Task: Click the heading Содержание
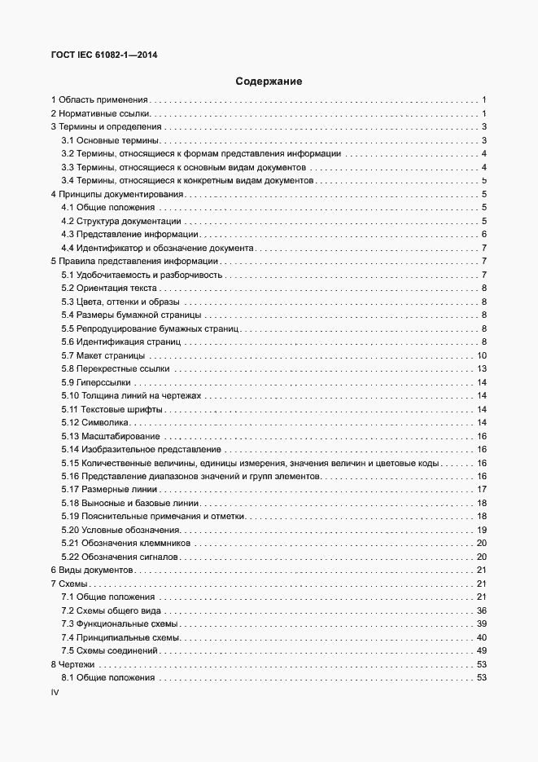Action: pos(269,81)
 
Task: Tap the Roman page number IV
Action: pos(55,693)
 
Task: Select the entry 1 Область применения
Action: pos(99,99)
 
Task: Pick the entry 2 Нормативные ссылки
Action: pos(102,113)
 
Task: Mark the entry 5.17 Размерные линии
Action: pos(109,489)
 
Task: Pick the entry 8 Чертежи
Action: pos(73,664)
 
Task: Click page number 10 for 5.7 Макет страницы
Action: pos(481,355)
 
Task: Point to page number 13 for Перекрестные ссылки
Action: pos(481,369)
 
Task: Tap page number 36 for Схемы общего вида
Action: pos(481,610)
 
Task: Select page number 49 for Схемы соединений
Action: pos(481,650)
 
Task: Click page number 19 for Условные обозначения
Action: pos(481,530)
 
